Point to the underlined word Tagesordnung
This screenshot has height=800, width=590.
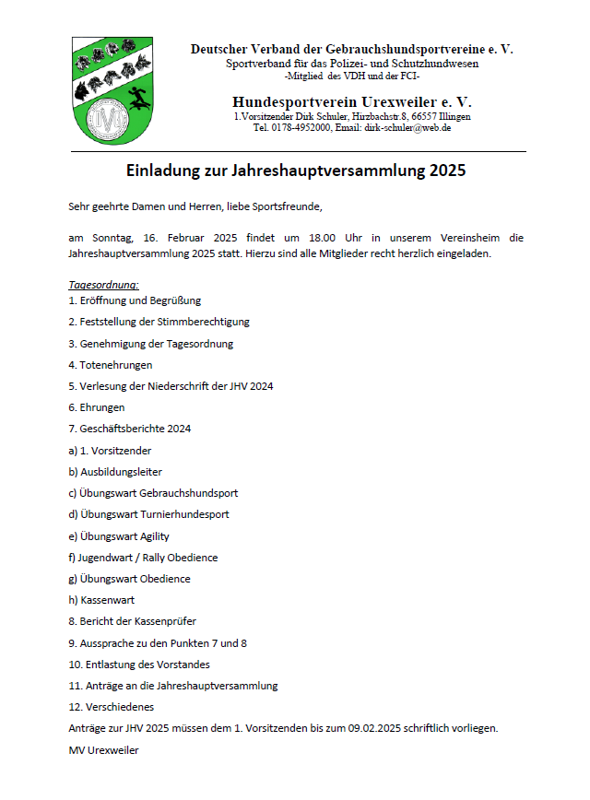(103, 285)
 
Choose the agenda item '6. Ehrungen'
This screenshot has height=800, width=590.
(97, 407)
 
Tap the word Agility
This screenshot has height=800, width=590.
(150, 536)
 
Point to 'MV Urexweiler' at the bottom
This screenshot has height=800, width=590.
(103, 750)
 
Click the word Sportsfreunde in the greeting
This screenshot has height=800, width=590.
(288, 205)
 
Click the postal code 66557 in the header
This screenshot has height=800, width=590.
(426, 118)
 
